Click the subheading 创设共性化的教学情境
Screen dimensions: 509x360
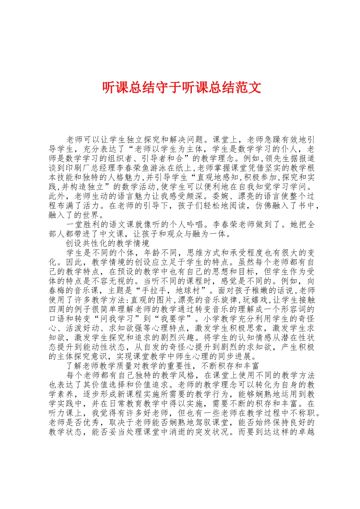pos(108,243)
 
